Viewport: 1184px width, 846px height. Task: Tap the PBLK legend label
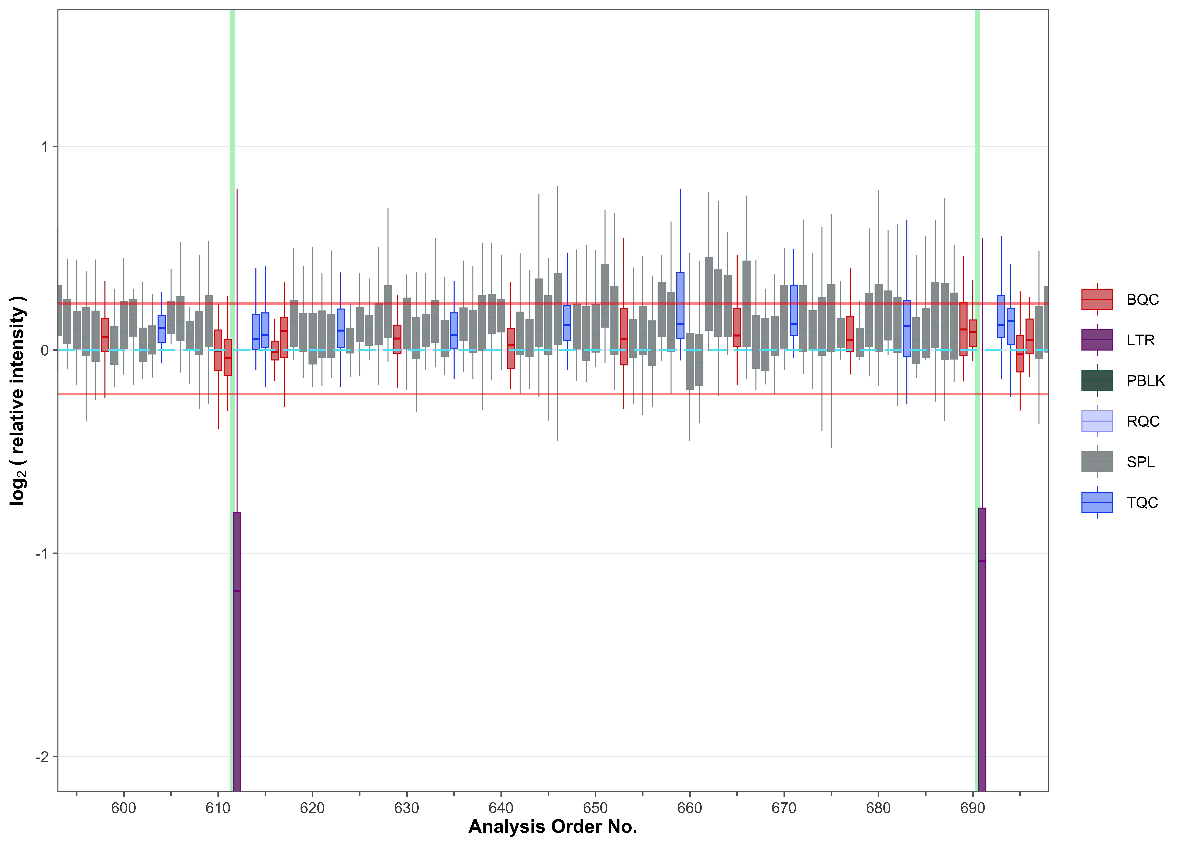click(x=1146, y=381)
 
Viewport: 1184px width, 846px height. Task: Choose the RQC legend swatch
click(x=1097, y=421)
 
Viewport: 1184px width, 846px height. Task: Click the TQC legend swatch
click(x=1097, y=502)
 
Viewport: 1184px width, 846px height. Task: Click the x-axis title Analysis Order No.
click(x=553, y=827)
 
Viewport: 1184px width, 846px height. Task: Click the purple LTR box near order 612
click(x=237, y=651)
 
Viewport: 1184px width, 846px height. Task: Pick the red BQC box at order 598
click(x=105, y=335)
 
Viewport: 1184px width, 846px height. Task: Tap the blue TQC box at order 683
click(x=906, y=328)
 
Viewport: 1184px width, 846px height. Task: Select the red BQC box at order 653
click(x=624, y=337)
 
